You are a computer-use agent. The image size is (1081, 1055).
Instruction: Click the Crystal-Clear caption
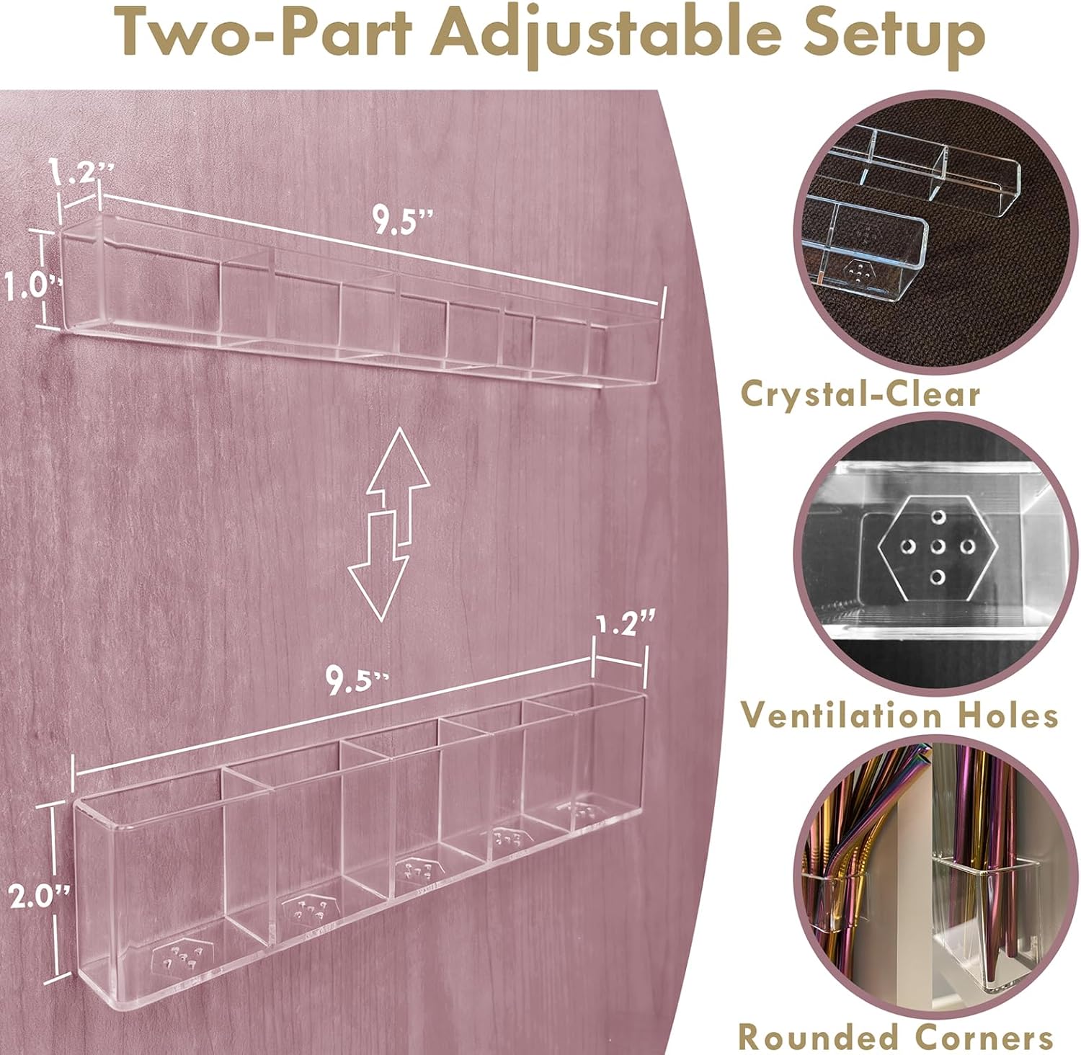click(x=860, y=394)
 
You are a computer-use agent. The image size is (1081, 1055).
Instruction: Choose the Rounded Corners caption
click(x=896, y=1038)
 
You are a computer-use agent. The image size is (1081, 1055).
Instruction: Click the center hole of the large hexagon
click(x=938, y=546)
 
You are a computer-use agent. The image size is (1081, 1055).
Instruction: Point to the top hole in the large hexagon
click(x=938, y=516)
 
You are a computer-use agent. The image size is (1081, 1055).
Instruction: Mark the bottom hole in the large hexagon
click(x=938, y=576)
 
